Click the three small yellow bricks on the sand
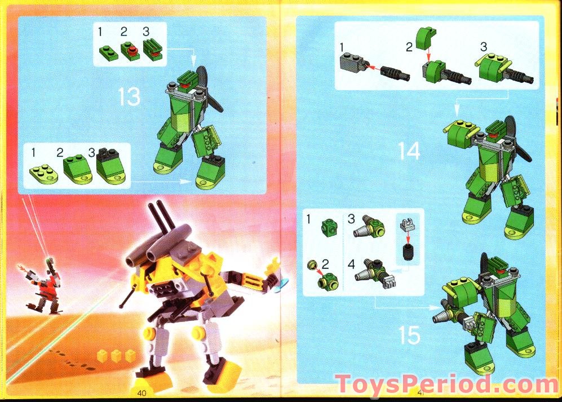tap(116, 355)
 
